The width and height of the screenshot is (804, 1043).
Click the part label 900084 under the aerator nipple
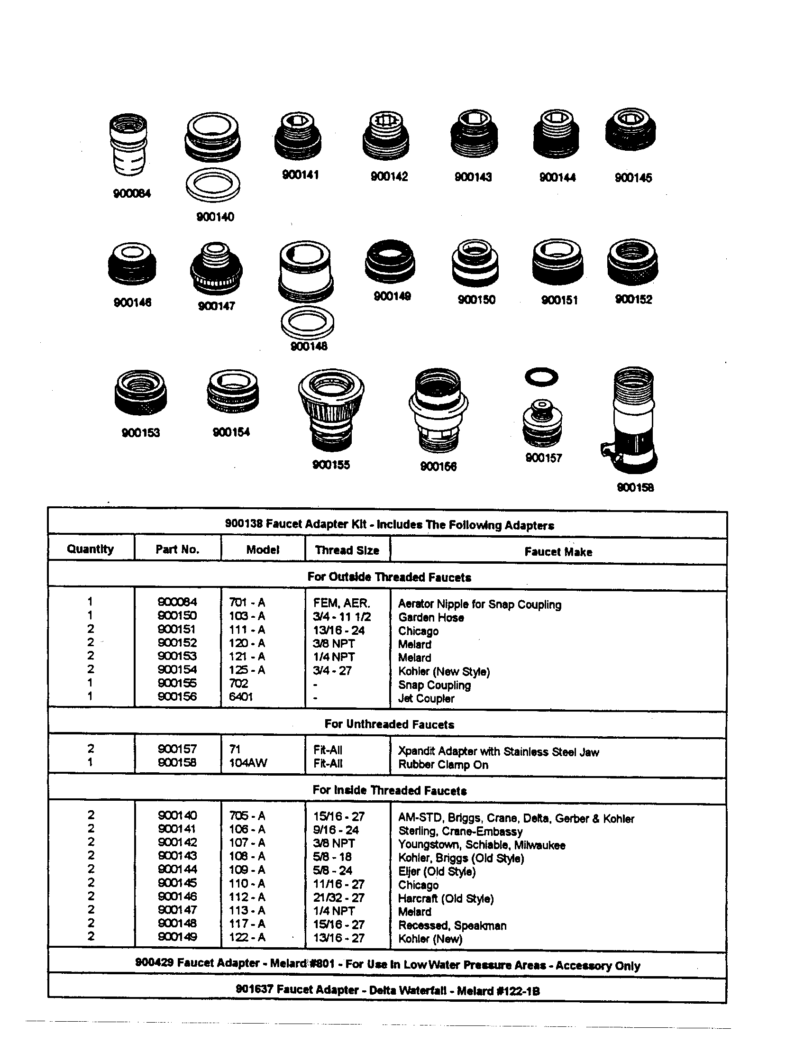click(132, 193)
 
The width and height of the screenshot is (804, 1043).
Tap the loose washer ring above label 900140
click(213, 185)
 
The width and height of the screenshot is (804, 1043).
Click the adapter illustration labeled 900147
click(216, 269)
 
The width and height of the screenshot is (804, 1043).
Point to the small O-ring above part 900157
click(541, 377)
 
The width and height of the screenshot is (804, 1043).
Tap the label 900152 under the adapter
click(633, 300)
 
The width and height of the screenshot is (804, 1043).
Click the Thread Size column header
click(347, 550)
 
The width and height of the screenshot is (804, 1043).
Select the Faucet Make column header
click(558, 551)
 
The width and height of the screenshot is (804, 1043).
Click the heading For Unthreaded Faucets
click(389, 724)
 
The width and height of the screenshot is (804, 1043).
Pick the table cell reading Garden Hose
click(431, 617)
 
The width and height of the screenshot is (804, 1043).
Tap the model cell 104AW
click(248, 763)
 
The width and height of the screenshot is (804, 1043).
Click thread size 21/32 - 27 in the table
click(338, 897)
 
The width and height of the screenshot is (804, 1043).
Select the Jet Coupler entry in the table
click(426, 698)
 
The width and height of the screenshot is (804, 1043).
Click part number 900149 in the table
click(177, 936)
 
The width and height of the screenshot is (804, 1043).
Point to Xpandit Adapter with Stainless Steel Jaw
click(498, 752)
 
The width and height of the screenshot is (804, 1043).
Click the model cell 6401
click(241, 697)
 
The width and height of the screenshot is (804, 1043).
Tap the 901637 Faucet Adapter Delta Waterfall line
click(388, 990)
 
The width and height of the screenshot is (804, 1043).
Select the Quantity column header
click(90, 549)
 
